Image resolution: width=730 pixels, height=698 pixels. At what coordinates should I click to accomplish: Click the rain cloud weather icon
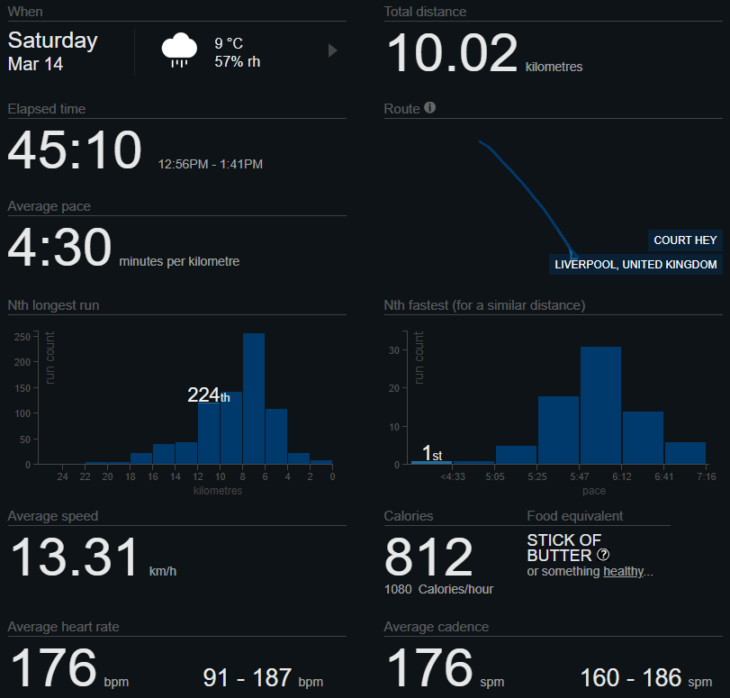click(180, 50)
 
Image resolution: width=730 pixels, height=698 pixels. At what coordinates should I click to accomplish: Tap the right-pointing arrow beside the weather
click(332, 50)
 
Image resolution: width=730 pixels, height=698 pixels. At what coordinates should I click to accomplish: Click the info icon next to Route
click(429, 108)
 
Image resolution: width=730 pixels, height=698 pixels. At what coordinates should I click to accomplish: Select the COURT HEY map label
click(685, 240)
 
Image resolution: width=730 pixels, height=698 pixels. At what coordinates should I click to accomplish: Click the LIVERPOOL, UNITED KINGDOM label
click(635, 265)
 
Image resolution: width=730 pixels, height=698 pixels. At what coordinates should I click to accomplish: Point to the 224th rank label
click(208, 395)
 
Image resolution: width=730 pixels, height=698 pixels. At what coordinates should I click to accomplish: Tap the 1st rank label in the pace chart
click(431, 452)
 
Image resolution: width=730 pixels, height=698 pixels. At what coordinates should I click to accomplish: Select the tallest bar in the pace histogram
click(600, 405)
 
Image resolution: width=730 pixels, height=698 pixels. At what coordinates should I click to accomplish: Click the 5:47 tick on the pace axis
click(580, 476)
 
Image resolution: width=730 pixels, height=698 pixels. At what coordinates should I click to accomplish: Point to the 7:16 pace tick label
click(706, 476)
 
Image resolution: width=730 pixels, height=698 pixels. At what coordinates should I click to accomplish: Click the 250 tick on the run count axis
click(22, 337)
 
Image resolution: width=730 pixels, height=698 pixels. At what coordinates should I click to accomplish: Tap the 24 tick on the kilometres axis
click(63, 476)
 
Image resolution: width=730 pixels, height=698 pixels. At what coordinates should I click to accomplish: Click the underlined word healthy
click(624, 571)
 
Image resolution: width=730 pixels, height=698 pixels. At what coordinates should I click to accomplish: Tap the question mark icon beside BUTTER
click(603, 555)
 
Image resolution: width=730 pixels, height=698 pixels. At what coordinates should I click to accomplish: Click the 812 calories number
click(428, 557)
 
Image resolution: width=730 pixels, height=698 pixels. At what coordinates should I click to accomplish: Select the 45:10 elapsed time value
click(75, 150)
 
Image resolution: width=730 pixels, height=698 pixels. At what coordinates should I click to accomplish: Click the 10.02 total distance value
click(452, 53)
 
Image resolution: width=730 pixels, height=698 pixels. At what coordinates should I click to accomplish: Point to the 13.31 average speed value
click(75, 557)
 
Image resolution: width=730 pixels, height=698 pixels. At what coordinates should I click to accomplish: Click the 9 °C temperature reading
click(229, 43)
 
